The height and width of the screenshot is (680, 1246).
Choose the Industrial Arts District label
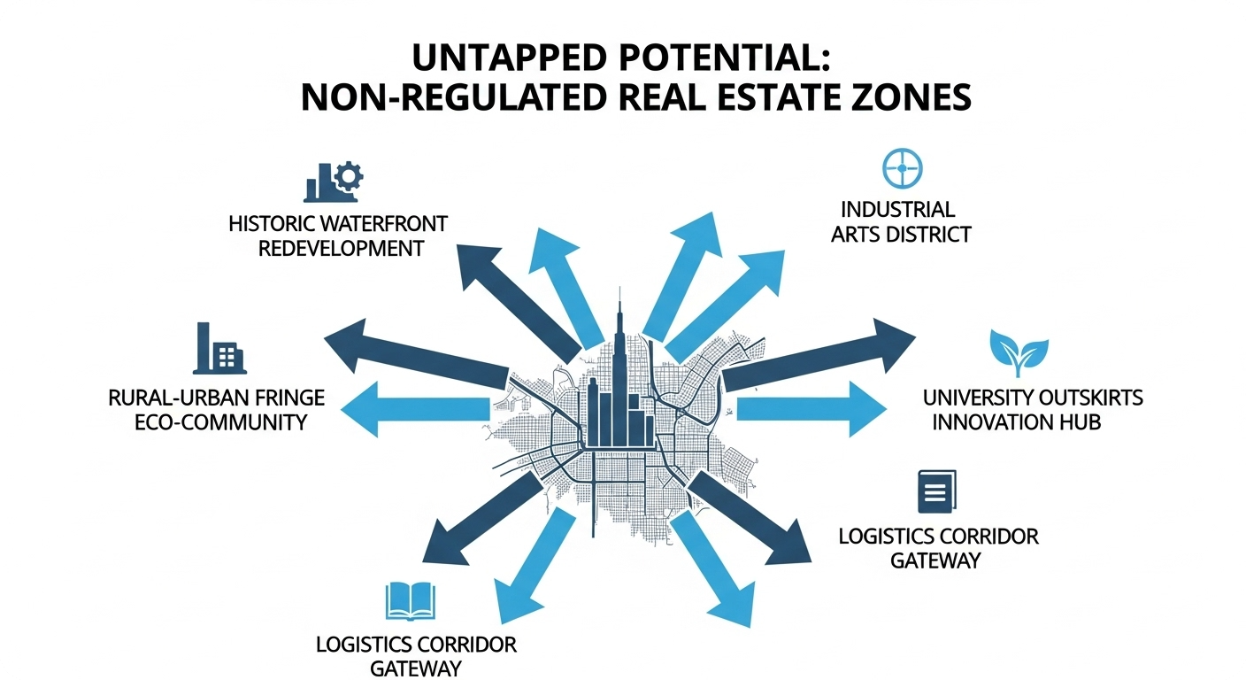(x=904, y=221)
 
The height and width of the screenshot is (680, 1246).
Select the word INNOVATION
(x=989, y=421)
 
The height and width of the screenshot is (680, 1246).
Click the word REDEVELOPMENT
(x=340, y=248)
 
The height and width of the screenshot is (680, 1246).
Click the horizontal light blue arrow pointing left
(x=425, y=407)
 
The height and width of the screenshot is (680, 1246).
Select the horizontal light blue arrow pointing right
(x=810, y=408)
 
